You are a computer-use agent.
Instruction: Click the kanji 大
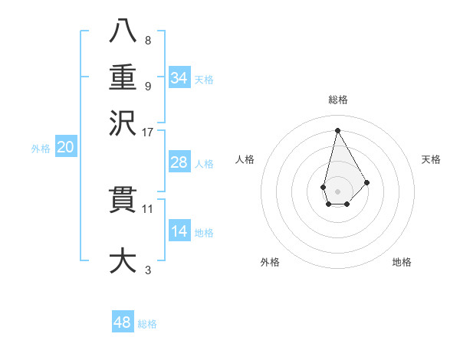tap(123, 259)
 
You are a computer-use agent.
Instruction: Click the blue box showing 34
tap(179, 78)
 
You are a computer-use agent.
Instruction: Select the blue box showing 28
tap(179, 162)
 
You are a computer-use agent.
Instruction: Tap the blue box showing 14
tap(179, 231)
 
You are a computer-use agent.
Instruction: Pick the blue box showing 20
tap(65, 148)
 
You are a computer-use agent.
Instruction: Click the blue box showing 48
tap(123, 322)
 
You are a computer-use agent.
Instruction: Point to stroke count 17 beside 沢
tap(148, 131)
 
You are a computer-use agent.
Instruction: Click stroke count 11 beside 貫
tap(148, 208)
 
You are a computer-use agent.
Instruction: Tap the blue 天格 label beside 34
tap(204, 80)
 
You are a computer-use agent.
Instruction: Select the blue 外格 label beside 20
tap(40, 149)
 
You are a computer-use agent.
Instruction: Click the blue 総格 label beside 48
tap(147, 324)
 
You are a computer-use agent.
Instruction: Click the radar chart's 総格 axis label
tap(337, 100)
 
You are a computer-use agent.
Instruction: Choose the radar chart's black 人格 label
tap(245, 159)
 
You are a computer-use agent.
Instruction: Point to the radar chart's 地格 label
tap(402, 262)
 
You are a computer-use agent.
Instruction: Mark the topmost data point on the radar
tap(337, 130)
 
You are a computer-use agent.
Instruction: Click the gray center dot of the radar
tap(337, 190)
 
